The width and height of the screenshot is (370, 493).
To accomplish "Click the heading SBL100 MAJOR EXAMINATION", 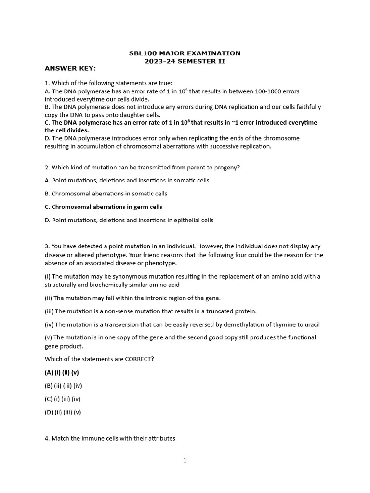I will tap(185, 53).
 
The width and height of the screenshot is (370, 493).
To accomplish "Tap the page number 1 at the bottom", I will tap(185, 460).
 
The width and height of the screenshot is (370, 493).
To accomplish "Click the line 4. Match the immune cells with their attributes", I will tap(110, 439).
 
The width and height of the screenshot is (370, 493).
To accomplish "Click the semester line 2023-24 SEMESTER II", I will tap(185, 61).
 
